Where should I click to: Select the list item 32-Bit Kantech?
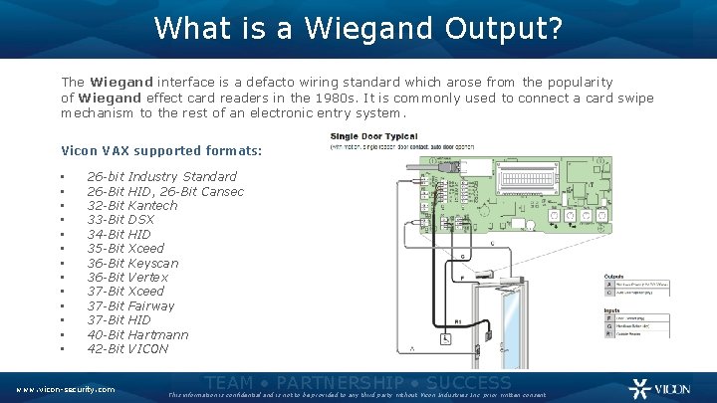click(x=132, y=205)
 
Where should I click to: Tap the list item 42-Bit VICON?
click(x=127, y=348)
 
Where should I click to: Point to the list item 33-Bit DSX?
click(x=120, y=220)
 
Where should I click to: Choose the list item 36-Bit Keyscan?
click(x=132, y=263)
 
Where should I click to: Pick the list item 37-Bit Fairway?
click(x=130, y=305)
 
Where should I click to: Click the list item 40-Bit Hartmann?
click(x=137, y=334)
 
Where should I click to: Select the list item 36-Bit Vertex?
click(x=127, y=277)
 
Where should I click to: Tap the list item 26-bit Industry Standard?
click(x=161, y=177)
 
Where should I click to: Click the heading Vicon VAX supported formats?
click(x=161, y=151)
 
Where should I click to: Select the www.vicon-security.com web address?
click(x=65, y=389)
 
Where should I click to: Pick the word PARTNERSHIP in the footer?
click(x=340, y=383)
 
